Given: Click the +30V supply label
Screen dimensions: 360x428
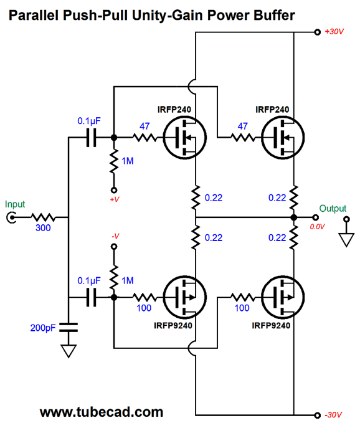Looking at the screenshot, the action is (334, 32).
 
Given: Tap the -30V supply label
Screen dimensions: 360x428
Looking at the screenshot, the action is (333, 415).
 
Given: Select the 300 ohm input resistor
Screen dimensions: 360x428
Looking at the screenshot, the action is (43, 217).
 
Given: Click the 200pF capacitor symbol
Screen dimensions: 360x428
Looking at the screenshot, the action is (69, 327).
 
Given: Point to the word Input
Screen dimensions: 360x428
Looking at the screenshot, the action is (15, 204).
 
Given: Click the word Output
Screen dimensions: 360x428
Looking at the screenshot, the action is (333, 208).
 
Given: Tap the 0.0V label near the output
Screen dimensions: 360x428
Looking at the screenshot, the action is (317, 227).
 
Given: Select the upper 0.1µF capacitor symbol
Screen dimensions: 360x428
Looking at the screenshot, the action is (91, 138).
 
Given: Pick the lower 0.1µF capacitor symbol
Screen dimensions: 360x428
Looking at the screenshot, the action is (91, 297).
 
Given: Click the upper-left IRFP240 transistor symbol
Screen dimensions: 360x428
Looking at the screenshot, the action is (185, 138).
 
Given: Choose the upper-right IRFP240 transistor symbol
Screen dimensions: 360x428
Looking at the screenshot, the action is (283, 138).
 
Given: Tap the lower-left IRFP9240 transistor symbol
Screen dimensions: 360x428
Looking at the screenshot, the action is (185, 297).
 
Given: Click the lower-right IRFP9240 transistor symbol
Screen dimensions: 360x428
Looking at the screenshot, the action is (283, 297).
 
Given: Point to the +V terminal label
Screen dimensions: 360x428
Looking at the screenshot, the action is (115, 199).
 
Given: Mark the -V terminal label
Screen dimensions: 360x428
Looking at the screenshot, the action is (115, 236).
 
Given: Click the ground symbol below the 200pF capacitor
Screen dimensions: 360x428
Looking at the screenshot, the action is (69, 351).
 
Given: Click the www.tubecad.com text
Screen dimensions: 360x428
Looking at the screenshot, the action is (102, 412).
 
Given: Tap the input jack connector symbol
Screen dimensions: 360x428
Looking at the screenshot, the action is (11, 217).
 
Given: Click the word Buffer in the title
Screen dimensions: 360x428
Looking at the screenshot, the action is (274, 15).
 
